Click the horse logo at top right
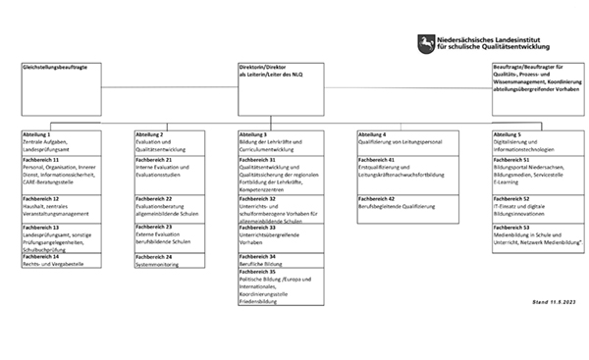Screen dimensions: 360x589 pyautogui.click(x=425, y=42)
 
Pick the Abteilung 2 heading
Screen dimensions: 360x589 pyautogui.click(x=149, y=132)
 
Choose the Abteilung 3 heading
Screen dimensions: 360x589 pyautogui.click(x=253, y=132)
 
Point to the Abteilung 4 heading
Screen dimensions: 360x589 pyautogui.click(x=372, y=132)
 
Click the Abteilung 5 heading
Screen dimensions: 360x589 pyautogui.click(x=509, y=132)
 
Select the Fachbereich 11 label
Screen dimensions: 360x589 pyautogui.click(x=41, y=159)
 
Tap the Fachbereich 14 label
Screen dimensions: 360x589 pyautogui.click(x=41, y=256)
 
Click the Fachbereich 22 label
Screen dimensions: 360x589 pyautogui.click(x=154, y=198)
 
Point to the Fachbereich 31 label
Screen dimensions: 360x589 pyautogui.click(x=258, y=159)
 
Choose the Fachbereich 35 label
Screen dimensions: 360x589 pyautogui.click(x=258, y=271)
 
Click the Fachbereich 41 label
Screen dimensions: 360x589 pyautogui.click(x=377, y=159)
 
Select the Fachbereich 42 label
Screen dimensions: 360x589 pyautogui.click(x=377, y=198)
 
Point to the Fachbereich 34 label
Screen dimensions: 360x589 pyautogui.click(x=258, y=256)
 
